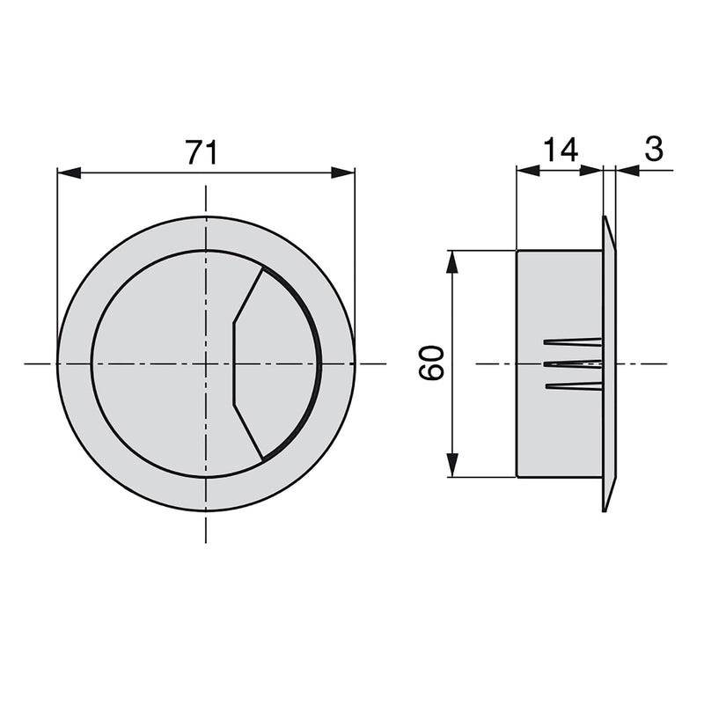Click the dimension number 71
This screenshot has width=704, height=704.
click(x=202, y=152)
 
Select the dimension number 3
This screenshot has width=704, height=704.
click(x=653, y=150)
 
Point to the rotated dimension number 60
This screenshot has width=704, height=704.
click(x=432, y=363)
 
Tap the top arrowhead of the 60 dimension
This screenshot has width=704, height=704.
click(x=452, y=261)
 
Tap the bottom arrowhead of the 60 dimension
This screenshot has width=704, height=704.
click(x=452, y=466)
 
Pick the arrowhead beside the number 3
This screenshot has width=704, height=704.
click(x=627, y=171)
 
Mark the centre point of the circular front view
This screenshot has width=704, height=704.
click(x=206, y=363)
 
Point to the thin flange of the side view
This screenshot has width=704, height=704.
click(x=609, y=363)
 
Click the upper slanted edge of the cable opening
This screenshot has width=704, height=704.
click(x=248, y=296)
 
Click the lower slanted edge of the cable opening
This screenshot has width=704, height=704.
click(x=248, y=431)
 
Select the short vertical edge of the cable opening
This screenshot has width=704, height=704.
click(x=232, y=363)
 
